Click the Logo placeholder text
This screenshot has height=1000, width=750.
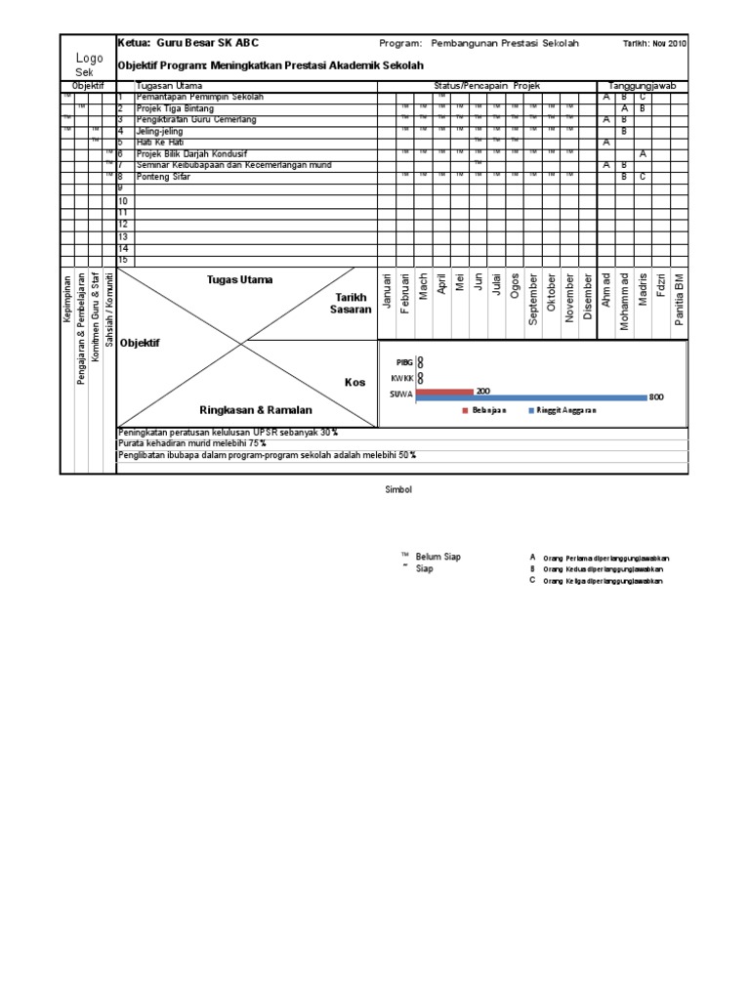pyautogui.click(x=89, y=59)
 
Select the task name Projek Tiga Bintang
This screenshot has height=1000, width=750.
pyautogui.click(x=175, y=108)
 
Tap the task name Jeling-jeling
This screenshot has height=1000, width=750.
pyautogui.click(x=157, y=130)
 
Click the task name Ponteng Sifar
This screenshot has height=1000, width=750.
pyautogui.click(x=162, y=177)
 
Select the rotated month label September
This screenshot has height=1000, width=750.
pyautogui.click(x=533, y=303)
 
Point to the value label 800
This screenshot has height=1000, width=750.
pyautogui.click(x=656, y=397)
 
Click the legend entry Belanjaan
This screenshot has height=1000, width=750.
pyautogui.click(x=489, y=411)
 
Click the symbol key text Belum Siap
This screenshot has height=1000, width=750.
pyautogui.click(x=438, y=557)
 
